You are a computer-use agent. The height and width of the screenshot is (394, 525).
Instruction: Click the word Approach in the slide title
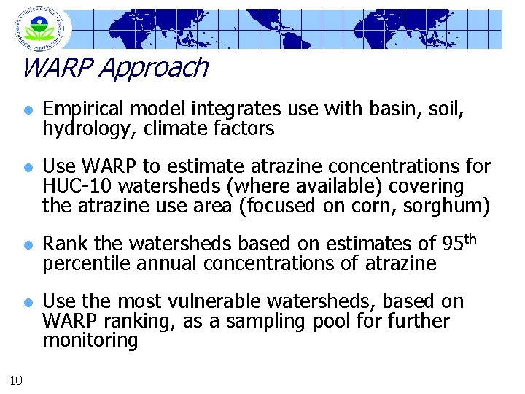pos(152,68)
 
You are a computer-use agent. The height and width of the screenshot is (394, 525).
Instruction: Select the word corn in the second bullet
pos(359,206)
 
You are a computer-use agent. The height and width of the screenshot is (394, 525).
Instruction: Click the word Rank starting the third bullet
pos(62,244)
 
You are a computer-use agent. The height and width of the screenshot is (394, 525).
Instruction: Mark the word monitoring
pos(90,341)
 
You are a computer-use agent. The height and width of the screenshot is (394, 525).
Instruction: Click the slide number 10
pos(17,378)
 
